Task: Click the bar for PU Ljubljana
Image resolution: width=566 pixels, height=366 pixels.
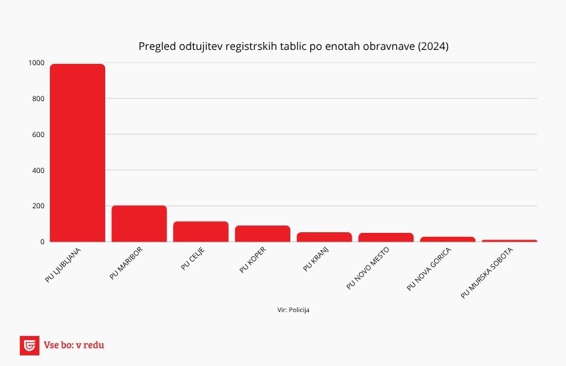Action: click(77, 153)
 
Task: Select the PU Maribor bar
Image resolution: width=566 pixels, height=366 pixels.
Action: click(139, 224)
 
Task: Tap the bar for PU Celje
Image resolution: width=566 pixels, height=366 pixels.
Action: click(200, 232)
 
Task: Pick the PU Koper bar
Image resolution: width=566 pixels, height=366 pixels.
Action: click(262, 234)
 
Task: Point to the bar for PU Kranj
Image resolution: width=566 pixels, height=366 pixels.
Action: click(324, 237)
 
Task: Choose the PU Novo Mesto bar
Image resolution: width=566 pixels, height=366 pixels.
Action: click(386, 238)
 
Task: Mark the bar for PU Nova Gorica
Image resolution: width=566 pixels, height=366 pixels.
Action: click(447, 239)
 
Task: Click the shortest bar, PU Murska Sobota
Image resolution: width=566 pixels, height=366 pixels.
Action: click(509, 240)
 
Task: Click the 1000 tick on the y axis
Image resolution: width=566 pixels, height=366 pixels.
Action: click(37, 63)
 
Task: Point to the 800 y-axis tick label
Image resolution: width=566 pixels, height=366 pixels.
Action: click(38, 99)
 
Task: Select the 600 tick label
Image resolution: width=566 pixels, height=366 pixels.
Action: click(38, 134)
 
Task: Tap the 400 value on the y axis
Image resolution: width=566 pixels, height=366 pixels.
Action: click(38, 170)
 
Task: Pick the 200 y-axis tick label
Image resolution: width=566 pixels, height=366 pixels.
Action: click(38, 206)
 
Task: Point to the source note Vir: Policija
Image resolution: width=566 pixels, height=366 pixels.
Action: click(293, 309)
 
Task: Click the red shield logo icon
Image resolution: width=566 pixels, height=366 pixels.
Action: click(29, 345)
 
